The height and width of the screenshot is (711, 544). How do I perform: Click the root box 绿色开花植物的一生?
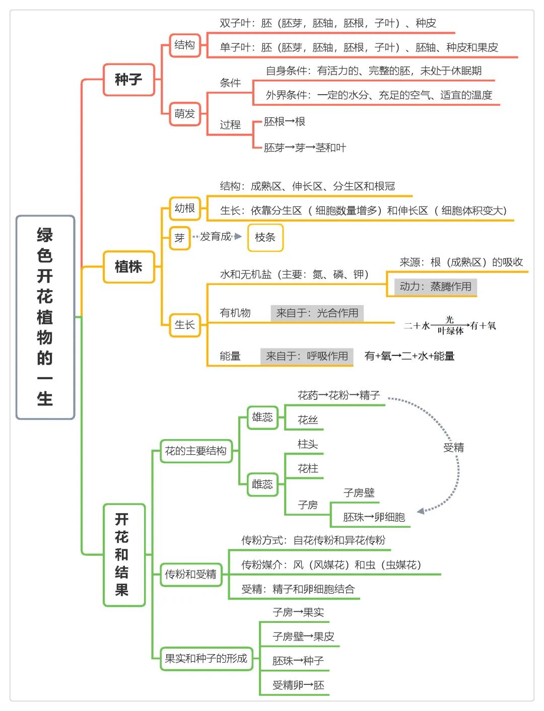(45, 317)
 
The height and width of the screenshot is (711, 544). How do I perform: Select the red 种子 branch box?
(128, 80)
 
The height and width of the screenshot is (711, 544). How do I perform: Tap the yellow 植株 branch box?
(128, 266)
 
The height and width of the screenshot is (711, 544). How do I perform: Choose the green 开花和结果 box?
(124, 555)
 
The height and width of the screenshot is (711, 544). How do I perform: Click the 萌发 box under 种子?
(185, 114)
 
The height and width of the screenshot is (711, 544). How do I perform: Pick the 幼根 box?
(185, 208)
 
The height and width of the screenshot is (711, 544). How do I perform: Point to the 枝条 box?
(265, 238)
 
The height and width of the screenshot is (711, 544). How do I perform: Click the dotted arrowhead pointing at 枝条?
(238, 237)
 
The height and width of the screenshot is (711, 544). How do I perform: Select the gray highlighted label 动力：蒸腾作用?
(436, 287)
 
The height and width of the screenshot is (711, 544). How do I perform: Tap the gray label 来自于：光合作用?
(317, 313)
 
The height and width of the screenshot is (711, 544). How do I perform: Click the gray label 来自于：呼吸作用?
(307, 357)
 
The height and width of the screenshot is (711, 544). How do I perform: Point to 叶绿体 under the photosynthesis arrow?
(450, 331)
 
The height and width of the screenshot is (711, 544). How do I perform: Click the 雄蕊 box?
(262, 417)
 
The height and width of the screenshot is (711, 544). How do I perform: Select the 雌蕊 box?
(262, 484)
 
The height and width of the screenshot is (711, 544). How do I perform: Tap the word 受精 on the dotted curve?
(454, 448)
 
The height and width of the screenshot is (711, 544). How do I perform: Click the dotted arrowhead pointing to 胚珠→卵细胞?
(421, 511)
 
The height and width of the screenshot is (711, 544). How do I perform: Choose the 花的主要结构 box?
(196, 451)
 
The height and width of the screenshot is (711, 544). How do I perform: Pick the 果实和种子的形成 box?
(207, 659)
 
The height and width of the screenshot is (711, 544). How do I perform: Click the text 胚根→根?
(285, 122)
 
